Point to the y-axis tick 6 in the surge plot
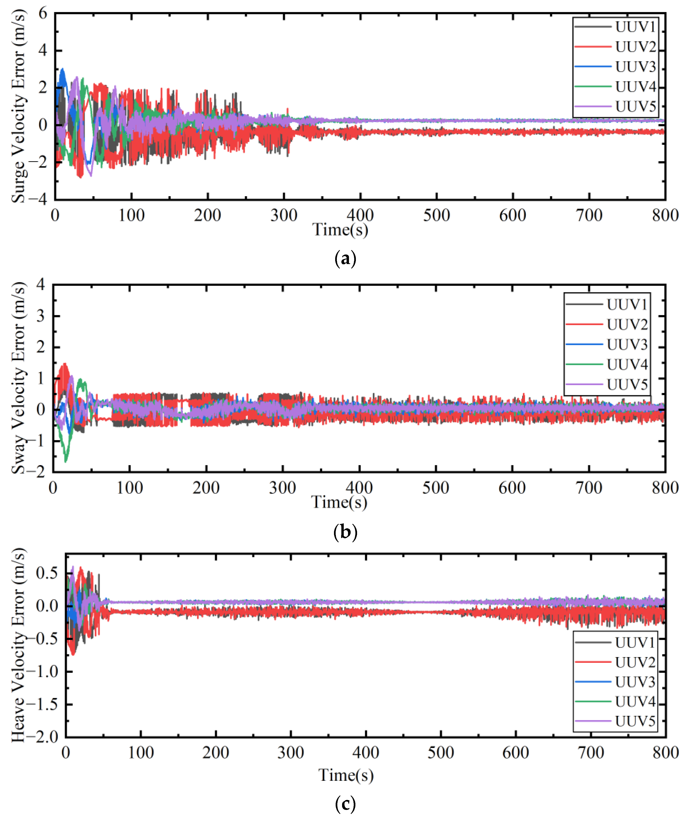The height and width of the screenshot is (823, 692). click(42, 14)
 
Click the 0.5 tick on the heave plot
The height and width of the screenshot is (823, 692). click(47, 573)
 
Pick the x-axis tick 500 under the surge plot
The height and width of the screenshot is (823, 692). click(436, 215)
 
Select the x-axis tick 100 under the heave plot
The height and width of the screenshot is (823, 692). click(141, 752)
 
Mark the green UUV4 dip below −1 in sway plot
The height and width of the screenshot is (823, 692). click(65, 460)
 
